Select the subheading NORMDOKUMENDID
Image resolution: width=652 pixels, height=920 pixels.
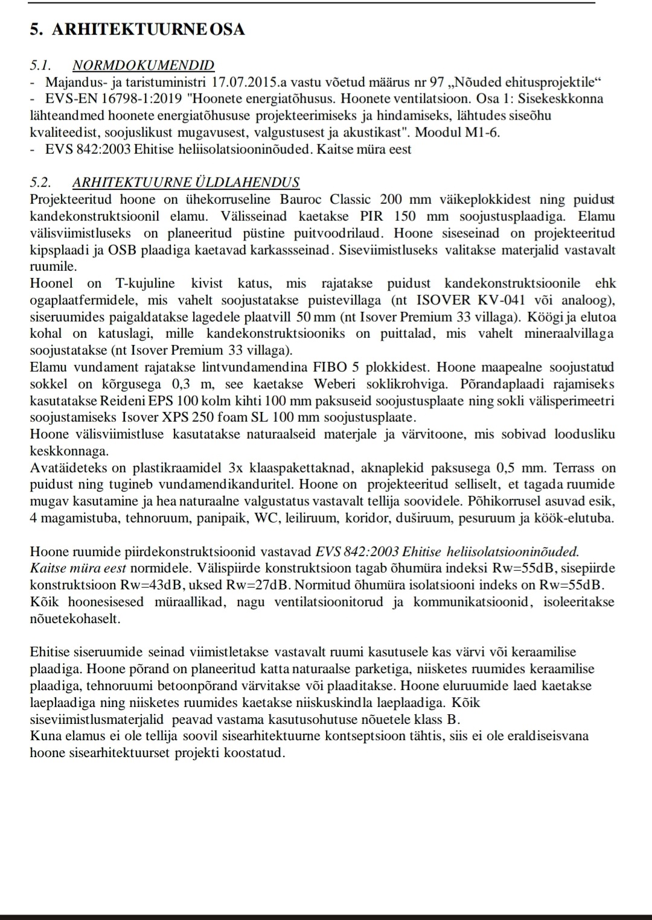[x=143, y=65]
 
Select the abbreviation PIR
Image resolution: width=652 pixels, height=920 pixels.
[x=372, y=217]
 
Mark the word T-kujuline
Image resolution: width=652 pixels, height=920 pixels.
[x=145, y=284]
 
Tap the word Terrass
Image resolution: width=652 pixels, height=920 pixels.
[x=577, y=468]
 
